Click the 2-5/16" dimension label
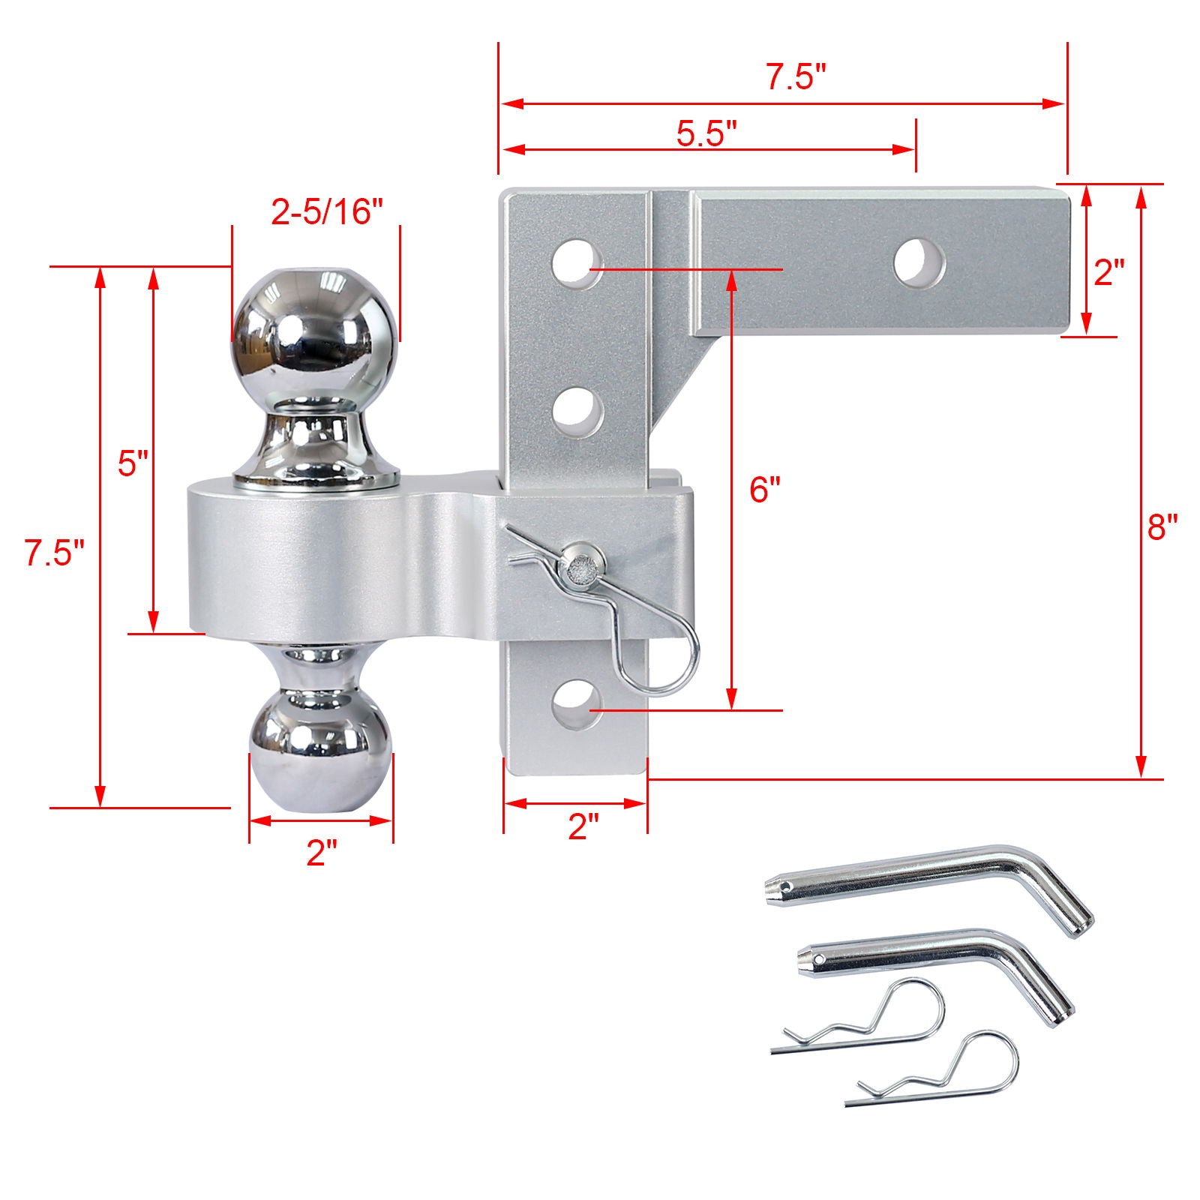(326, 213)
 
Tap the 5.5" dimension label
(707, 135)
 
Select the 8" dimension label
(1163, 527)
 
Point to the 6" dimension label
(765, 491)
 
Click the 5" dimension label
(134, 463)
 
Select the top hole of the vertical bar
(577, 264)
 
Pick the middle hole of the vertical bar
(577, 412)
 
